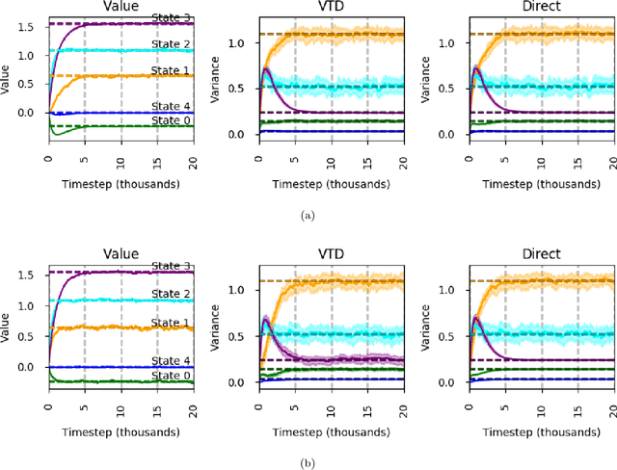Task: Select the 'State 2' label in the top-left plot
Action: pos(172,42)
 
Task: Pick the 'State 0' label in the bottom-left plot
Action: pos(172,375)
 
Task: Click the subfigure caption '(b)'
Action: pos(308,462)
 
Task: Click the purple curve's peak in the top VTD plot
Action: pos(266,69)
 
